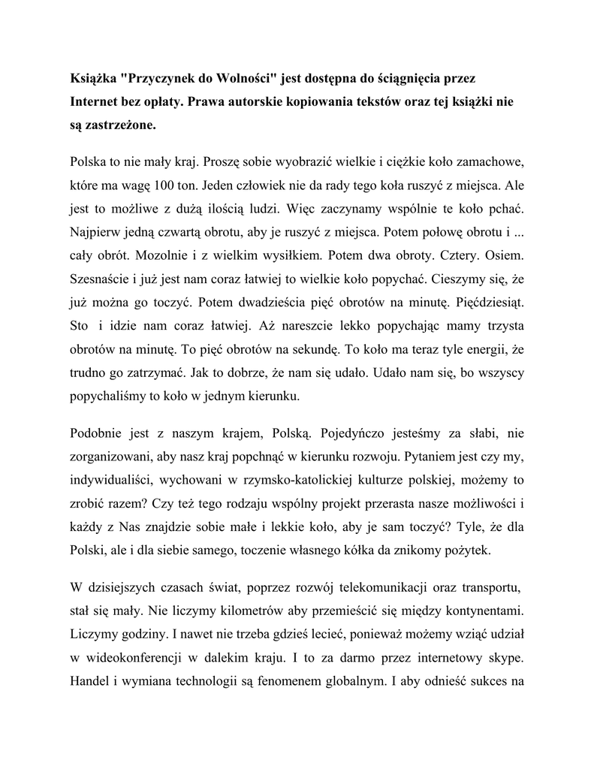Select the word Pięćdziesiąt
coord(490,302)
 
